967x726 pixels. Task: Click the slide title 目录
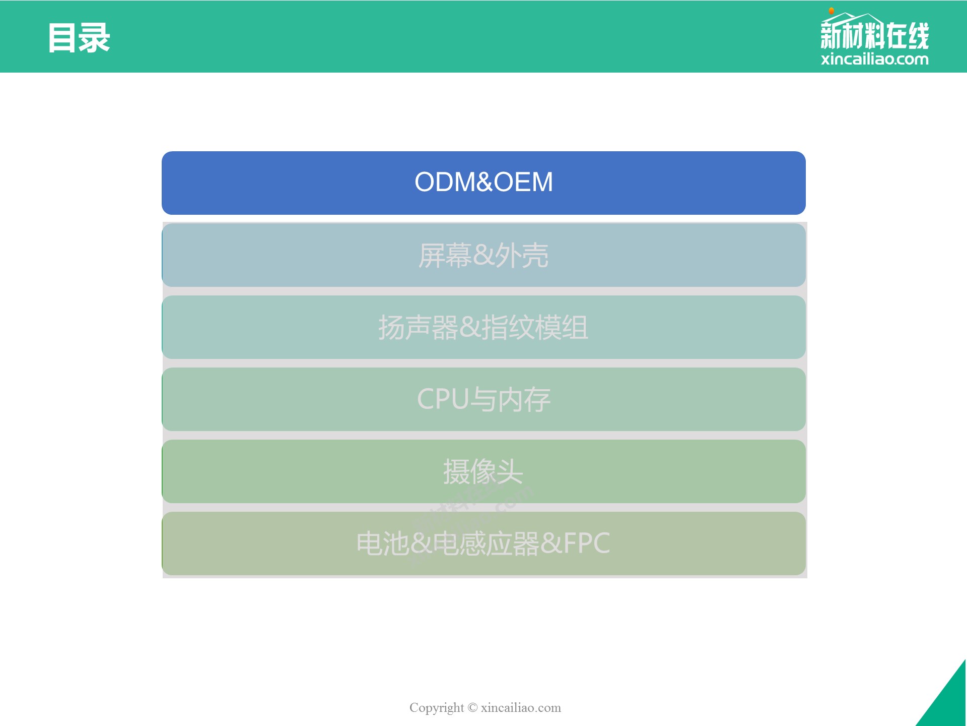pyautogui.click(x=79, y=38)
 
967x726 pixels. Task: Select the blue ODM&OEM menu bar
pyautogui.click(x=483, y=183)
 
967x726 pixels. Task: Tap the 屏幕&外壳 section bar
pyautogui.click(x=483, y=255)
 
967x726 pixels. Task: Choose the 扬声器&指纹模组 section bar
pyautogui.click(x=483, y=327)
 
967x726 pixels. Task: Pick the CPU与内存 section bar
pyautogui.click(x=483, y=399)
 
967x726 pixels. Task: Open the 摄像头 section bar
pyautogui.click(x=483, y=471)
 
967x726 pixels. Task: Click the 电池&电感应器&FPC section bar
pyautogui.click(x=483, y=543)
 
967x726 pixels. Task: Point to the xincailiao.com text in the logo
pyautogui.click(x=875, y=59)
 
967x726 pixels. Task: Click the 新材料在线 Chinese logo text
pyautogui.click(x=875, y=35)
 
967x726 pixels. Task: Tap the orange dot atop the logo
pyautogui.click(x=832, y=11)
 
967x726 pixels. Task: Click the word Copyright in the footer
pyautogui.click(x=437, y=708)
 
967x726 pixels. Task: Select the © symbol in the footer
pyautogui.click(x=472, y=707)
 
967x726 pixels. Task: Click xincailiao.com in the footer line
pyautogui.click(x=521, y=707)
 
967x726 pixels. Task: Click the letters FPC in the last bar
pyautogui.click(x=587, y=543)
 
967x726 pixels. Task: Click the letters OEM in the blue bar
pyautogui.click(x=523, y=181)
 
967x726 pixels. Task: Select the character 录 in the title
pyautogui.click(x=95, y=38)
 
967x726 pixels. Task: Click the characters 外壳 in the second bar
pyautogui.click(x=522, y=255)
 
